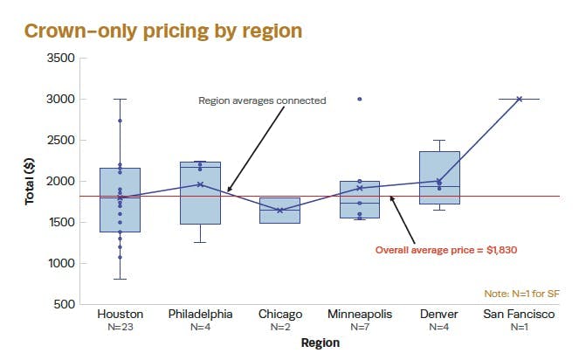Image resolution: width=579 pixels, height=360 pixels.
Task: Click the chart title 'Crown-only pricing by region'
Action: point(162,31)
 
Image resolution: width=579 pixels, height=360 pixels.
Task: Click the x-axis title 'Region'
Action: point(320,343)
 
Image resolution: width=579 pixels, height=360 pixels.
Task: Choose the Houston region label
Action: point(120,315)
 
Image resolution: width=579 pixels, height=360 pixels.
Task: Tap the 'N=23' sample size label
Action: point(120,328)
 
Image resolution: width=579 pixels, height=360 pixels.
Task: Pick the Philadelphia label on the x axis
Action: point(200,315)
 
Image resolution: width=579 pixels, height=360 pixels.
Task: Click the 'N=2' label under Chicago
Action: point(280,328)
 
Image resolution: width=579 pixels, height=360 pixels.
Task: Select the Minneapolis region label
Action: point(359,315)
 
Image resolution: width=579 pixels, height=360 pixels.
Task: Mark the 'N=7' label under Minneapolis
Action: point(359,328)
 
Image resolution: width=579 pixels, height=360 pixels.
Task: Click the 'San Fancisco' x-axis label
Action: point(519,315)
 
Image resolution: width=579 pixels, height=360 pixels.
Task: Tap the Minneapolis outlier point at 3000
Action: point(360,100)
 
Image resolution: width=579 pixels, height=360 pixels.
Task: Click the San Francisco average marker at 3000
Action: point(520,99)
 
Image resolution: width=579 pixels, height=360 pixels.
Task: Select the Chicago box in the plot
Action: point(280,211)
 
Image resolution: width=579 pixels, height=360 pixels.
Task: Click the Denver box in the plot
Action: point(439,177)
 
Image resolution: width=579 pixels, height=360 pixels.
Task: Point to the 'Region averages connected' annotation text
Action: point(262,100)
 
